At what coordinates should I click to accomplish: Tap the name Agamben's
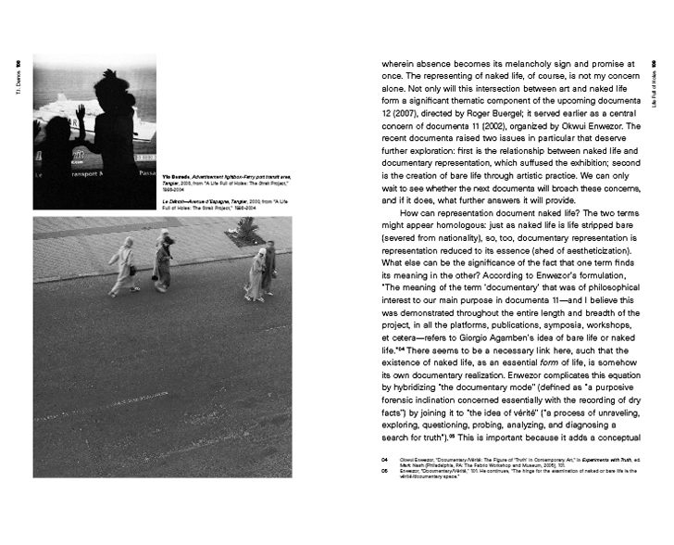click(x=508, y=338)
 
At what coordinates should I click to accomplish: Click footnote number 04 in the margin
click(x=384, y=459)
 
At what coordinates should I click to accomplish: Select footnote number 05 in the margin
click(x=384, y=470)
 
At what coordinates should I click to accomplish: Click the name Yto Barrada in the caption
click(x=174, y=175)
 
